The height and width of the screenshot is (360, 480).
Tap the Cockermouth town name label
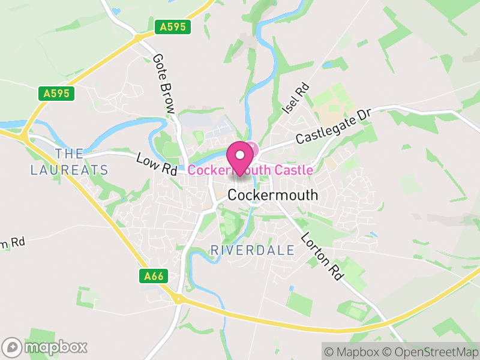tap(273, 196)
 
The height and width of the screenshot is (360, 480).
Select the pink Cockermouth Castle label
tap(250, 170)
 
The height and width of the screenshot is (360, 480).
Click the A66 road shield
tap(154, 276)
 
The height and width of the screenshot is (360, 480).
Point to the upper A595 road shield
tap(173, 27)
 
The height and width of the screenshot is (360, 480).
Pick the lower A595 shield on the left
tap(57, 94)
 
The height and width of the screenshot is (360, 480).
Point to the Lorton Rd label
tap(322, 256)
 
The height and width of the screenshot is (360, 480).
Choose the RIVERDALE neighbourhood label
tap(253, 250)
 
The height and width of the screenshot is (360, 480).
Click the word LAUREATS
tap(70, 170)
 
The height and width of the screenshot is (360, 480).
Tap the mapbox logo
tap(45, 347)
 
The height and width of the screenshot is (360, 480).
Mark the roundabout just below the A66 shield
tap(178, 298)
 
